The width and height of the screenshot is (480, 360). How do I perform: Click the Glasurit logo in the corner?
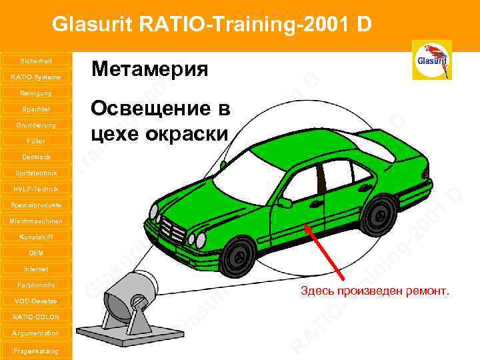click(x=433, y=60)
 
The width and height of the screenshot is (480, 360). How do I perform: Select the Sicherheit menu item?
click(x=36, y=61)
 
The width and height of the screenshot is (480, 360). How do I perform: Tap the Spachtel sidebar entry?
click(x=36, y=109)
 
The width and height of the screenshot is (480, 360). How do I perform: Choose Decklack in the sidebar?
click(x=36, y=157)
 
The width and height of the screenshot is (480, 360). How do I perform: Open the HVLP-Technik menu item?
click(x=36, y=189)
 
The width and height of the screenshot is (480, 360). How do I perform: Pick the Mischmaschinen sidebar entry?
click(x=36, y=221)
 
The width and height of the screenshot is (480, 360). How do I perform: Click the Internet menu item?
click(x=36, y=269)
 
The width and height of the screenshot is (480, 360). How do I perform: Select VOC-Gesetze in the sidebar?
click(x=36, y=301)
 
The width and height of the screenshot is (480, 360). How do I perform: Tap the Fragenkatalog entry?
click(x=36, y=351)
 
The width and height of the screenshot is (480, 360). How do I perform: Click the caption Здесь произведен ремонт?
click(x=375, y=291)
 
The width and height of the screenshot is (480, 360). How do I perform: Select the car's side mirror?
click(x=285, y=202)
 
